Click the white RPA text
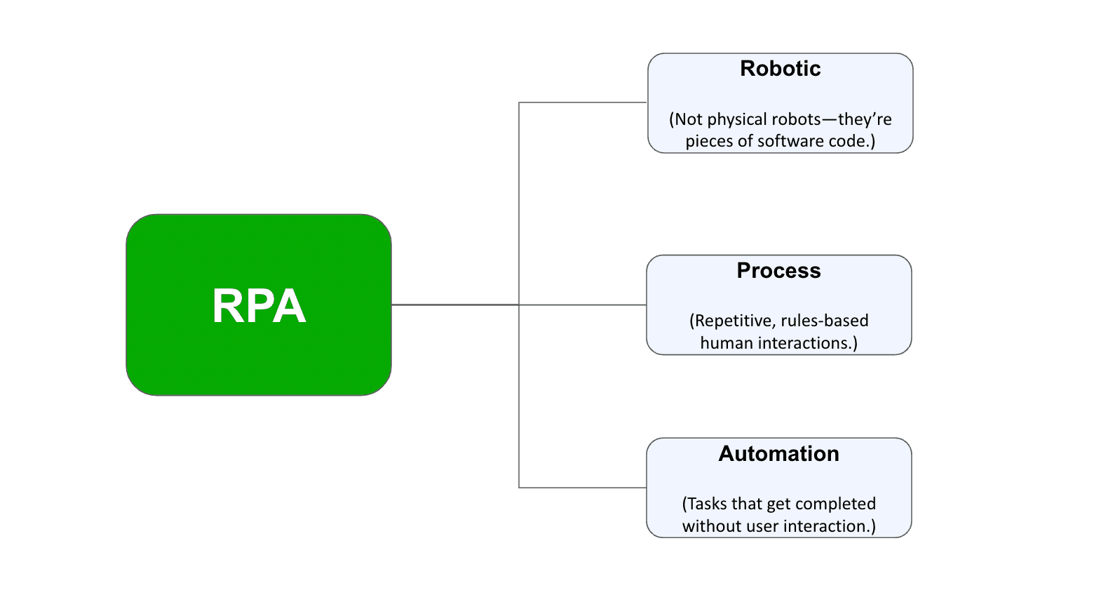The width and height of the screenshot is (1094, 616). (x=259, y=306)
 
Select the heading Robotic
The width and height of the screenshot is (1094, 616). (x=780, y=69)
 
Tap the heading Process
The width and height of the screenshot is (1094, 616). (x=778, y=271)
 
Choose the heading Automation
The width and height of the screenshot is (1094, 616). (x=778, y=454)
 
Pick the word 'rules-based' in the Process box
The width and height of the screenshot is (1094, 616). (x=825, y=321)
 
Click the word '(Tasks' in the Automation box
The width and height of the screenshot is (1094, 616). (x=705, y=504)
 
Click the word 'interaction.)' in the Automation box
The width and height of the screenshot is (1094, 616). (x=830, y=526)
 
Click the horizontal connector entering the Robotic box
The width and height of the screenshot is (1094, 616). (x=582, y=102)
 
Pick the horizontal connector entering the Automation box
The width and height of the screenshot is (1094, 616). (x=582, y=488)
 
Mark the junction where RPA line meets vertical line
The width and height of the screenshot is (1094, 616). (x=519, y=304)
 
